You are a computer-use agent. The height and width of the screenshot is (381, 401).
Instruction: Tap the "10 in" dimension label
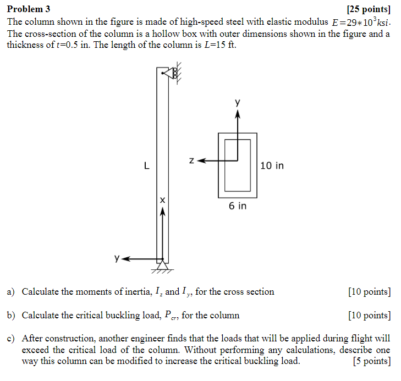pos(272,165)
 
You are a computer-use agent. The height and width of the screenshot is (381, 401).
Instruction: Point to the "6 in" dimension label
pos(238,206)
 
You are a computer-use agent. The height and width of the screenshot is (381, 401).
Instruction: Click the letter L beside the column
pos(146,165)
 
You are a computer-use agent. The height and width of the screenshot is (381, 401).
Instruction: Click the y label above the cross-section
pos(238,102)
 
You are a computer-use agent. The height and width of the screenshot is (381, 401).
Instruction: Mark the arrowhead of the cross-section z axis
pos(201,161)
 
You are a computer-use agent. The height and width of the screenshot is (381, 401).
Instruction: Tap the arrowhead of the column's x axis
pos(162,214)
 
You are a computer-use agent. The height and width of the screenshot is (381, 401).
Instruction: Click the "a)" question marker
pos(11,292)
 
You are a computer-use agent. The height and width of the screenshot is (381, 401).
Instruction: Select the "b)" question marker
pos(11,316)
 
